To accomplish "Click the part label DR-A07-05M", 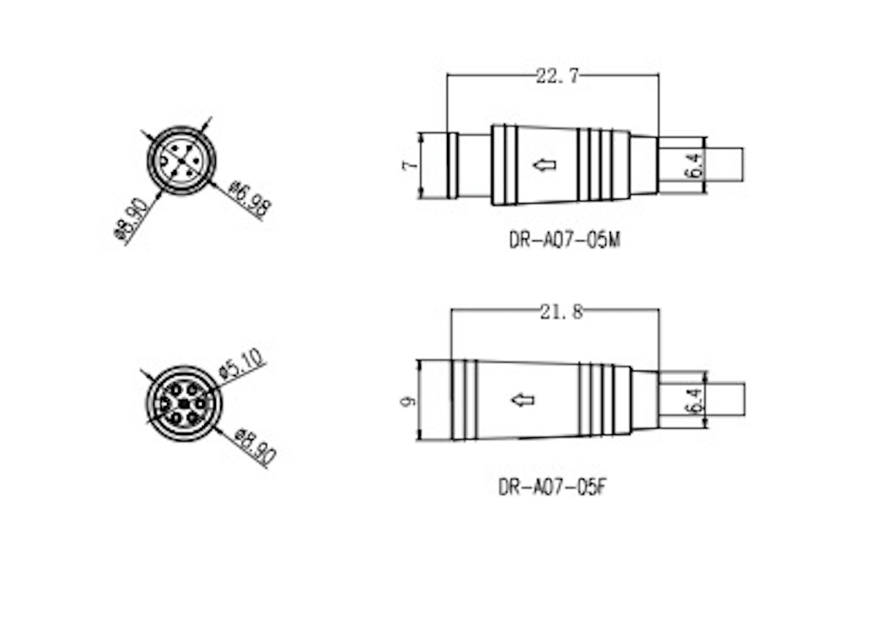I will pos(564,240).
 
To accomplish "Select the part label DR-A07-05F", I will pos(553,485).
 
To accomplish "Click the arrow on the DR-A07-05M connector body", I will pos(544,165).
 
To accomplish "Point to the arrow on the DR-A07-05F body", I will pos(522,400).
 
